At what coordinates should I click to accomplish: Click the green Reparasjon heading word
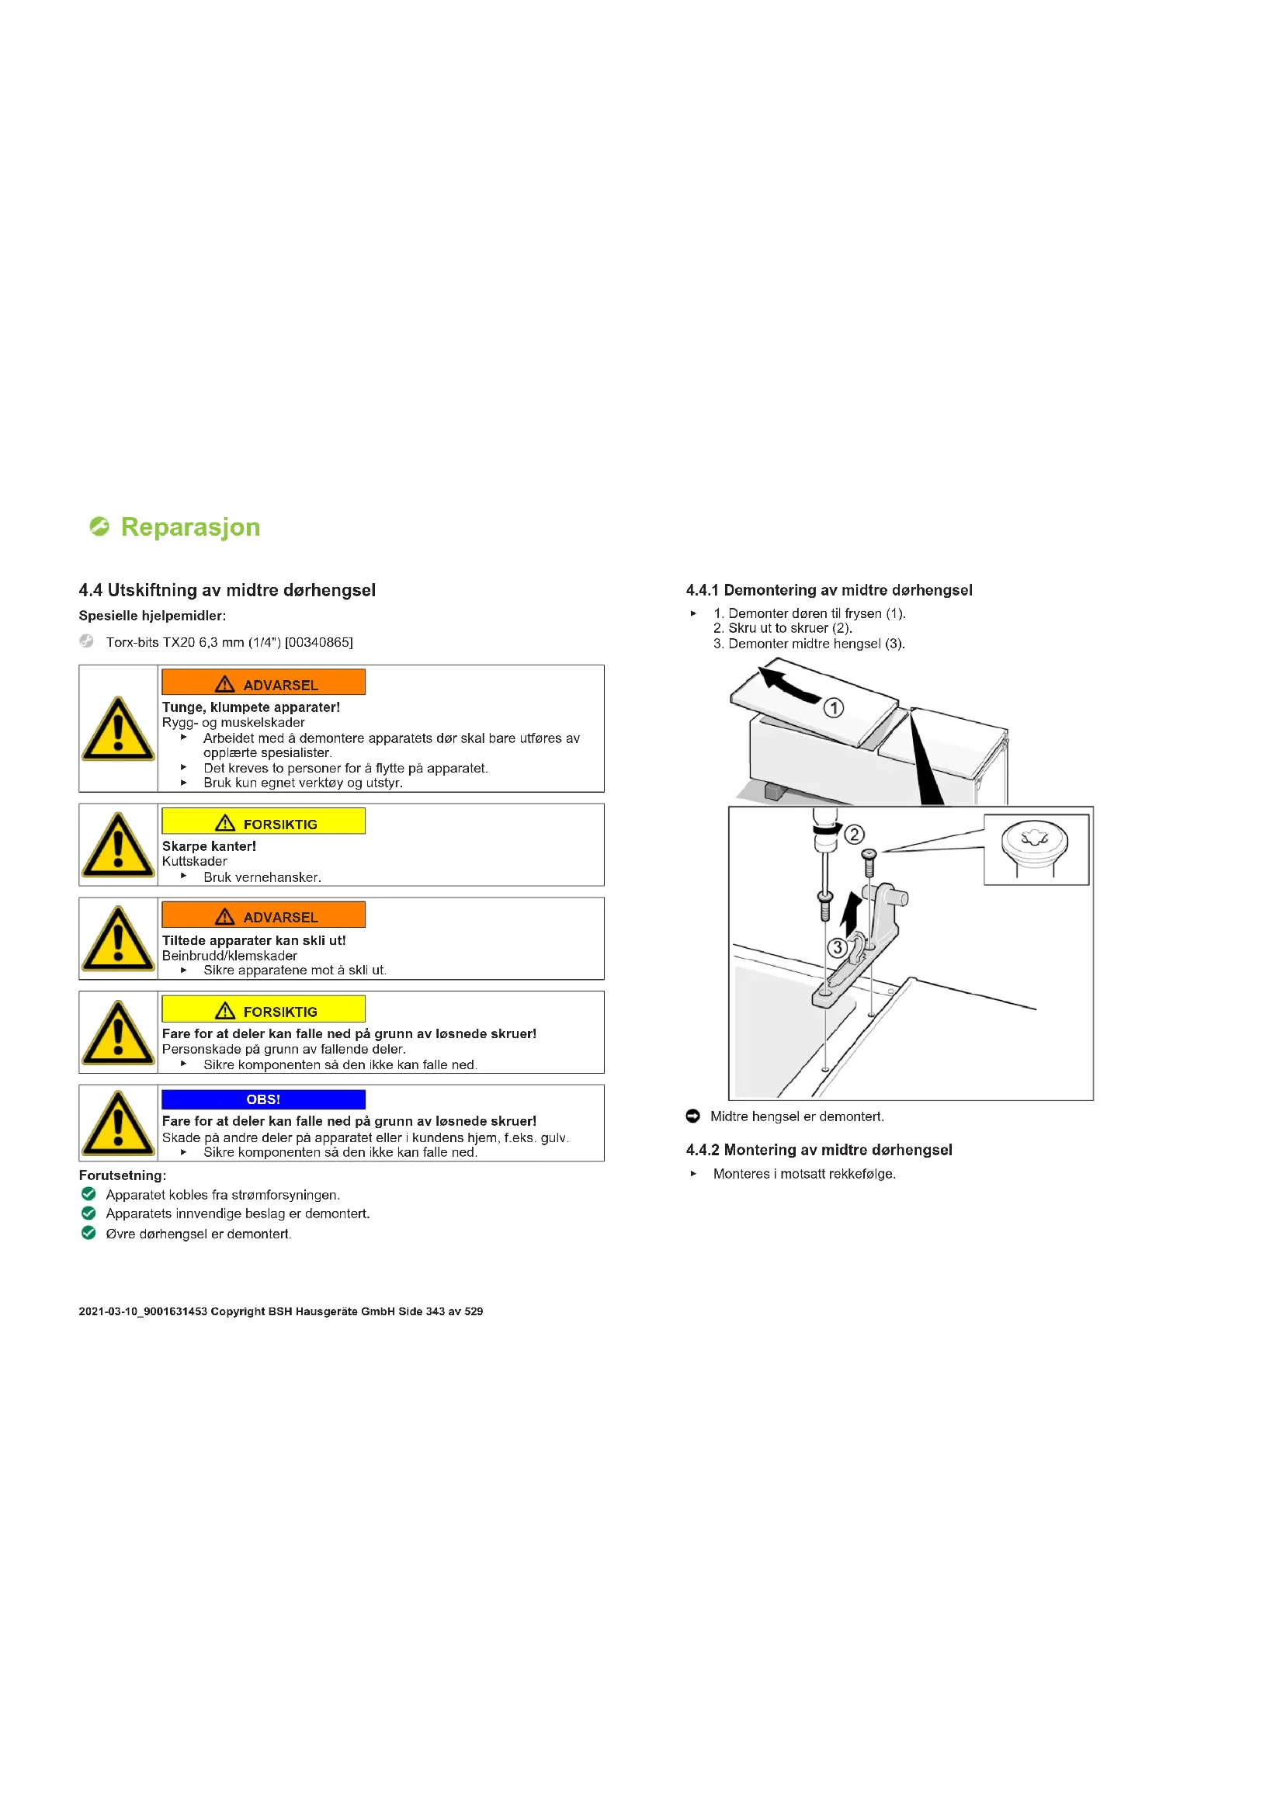coord(190,526)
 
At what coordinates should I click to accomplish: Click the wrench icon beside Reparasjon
coord(99,526)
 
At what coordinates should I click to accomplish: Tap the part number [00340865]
coord(318,642)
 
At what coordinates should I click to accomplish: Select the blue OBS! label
coord(263,1099)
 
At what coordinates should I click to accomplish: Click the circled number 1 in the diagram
coord(833,708)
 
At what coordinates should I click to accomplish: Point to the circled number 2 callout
coord(854,835)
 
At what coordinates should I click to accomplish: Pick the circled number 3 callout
coord(838,946)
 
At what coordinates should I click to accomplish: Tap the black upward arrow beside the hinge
coord(850,915)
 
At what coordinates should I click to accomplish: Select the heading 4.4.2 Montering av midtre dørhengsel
coord(819,1150)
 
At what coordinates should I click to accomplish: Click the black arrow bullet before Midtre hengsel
coord(693,1116)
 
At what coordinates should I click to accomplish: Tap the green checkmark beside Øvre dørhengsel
coord(88,1233)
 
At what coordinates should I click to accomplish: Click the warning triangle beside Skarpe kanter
coord(118,845)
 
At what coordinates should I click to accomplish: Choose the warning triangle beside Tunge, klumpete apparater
coord(118,729)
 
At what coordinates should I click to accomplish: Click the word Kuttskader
coord(195,861)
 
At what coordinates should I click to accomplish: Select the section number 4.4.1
coord(702,590)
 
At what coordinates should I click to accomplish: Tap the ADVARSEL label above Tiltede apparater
coord(263,917)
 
